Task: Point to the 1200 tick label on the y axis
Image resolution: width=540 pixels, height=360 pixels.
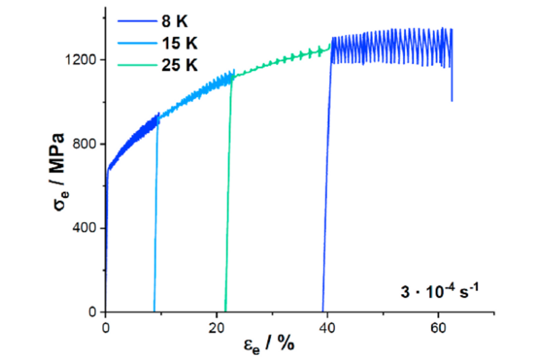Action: point(83,59)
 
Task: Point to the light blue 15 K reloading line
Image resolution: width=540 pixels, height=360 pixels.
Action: point(156,219)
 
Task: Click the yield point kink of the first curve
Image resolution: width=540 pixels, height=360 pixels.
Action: point(108,169)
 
